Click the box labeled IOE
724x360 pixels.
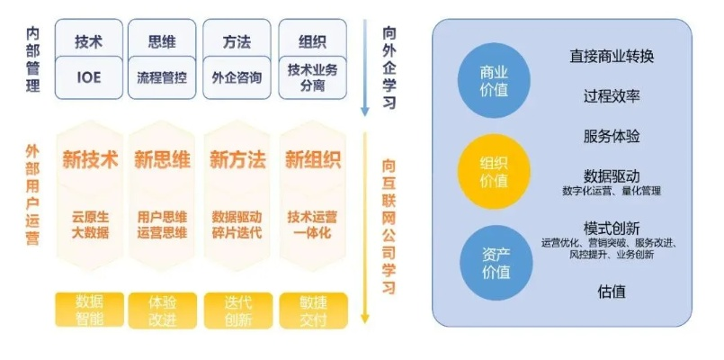pos(89,77)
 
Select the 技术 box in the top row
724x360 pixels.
pos(89,41)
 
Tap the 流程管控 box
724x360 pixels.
pos(162,77)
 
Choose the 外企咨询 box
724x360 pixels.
pos(237,77)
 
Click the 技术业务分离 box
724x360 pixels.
pos(312,77)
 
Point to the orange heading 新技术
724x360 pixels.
pos(90,160)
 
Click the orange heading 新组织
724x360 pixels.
pos(312,160)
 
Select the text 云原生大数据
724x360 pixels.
pos(90,224)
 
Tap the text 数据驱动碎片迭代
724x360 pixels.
pos(237,224)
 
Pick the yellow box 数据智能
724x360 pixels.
pos(89,309)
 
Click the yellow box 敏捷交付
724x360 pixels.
pos(312,309)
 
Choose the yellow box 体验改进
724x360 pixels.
pos(163,309)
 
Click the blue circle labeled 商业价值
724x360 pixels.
pos(494,79)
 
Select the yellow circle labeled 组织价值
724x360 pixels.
pos(494,171)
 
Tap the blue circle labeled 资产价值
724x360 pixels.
pos(494,261)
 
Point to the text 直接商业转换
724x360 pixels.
pos(612,57)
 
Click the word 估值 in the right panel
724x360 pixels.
pos(612,292)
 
